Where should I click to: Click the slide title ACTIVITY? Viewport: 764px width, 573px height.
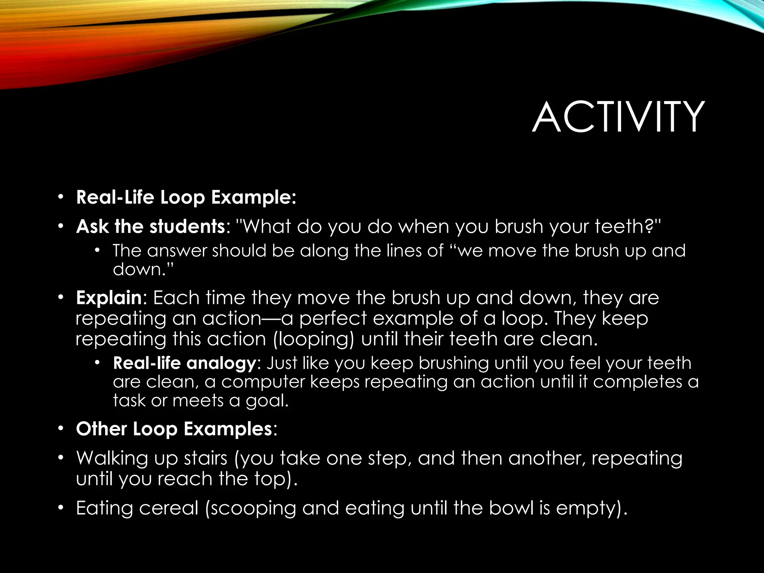618,117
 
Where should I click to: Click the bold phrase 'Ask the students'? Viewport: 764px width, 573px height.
150,226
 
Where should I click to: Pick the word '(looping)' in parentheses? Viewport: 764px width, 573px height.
314,339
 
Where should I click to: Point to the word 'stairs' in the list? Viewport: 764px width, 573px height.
206,458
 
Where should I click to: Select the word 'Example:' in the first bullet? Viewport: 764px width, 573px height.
254,197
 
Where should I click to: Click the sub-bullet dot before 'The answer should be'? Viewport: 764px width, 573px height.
98,250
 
